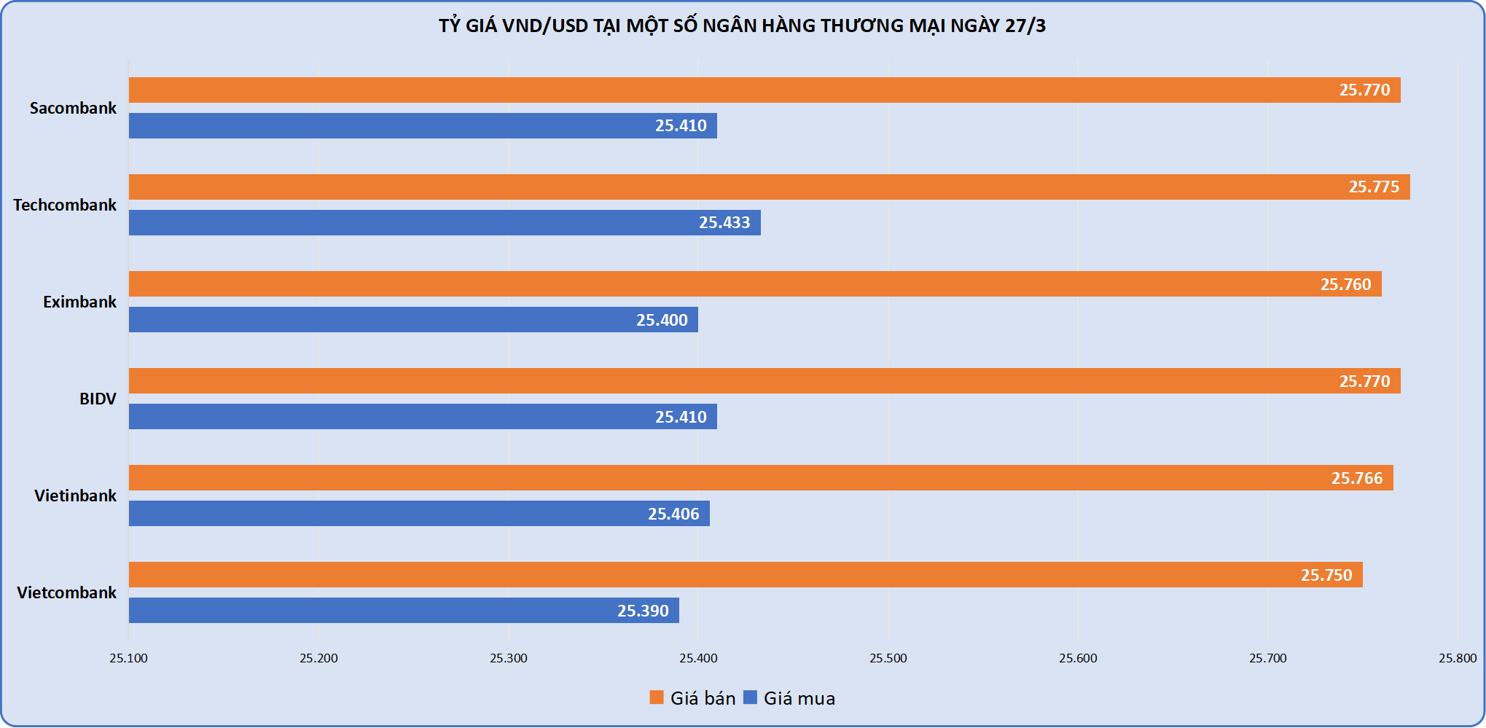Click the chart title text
click(742, 26)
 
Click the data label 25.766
click(1356, 479)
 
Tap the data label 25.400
click(662, 321)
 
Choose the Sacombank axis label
click(73, 109)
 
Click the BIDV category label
click(98, 399)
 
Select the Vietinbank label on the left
click(75, 496)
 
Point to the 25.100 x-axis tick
click(129, 659)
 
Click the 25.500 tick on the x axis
click(888, 659)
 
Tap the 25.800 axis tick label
click(1457, 659)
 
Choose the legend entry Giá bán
click(693, 698)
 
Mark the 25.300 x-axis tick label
click(508, 659)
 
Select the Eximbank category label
click(79, 302)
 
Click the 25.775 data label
click(1374, 187)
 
